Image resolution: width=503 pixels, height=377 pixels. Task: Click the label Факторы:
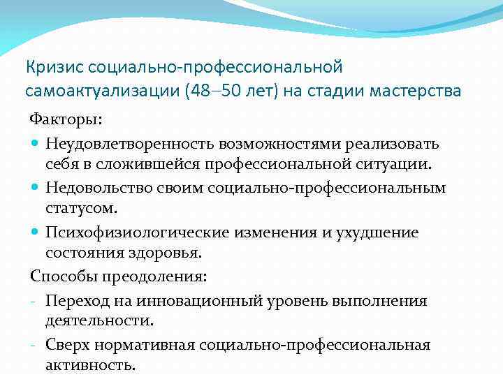pyautogui.click(x=65, y=120)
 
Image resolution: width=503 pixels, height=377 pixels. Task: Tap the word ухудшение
pyautogui.click(x=380, y=232)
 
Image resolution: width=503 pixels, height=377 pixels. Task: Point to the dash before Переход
pyautogui.click(x=34, y=301)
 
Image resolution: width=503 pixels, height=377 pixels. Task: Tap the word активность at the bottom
pyautogui.click(x=89, y=367)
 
